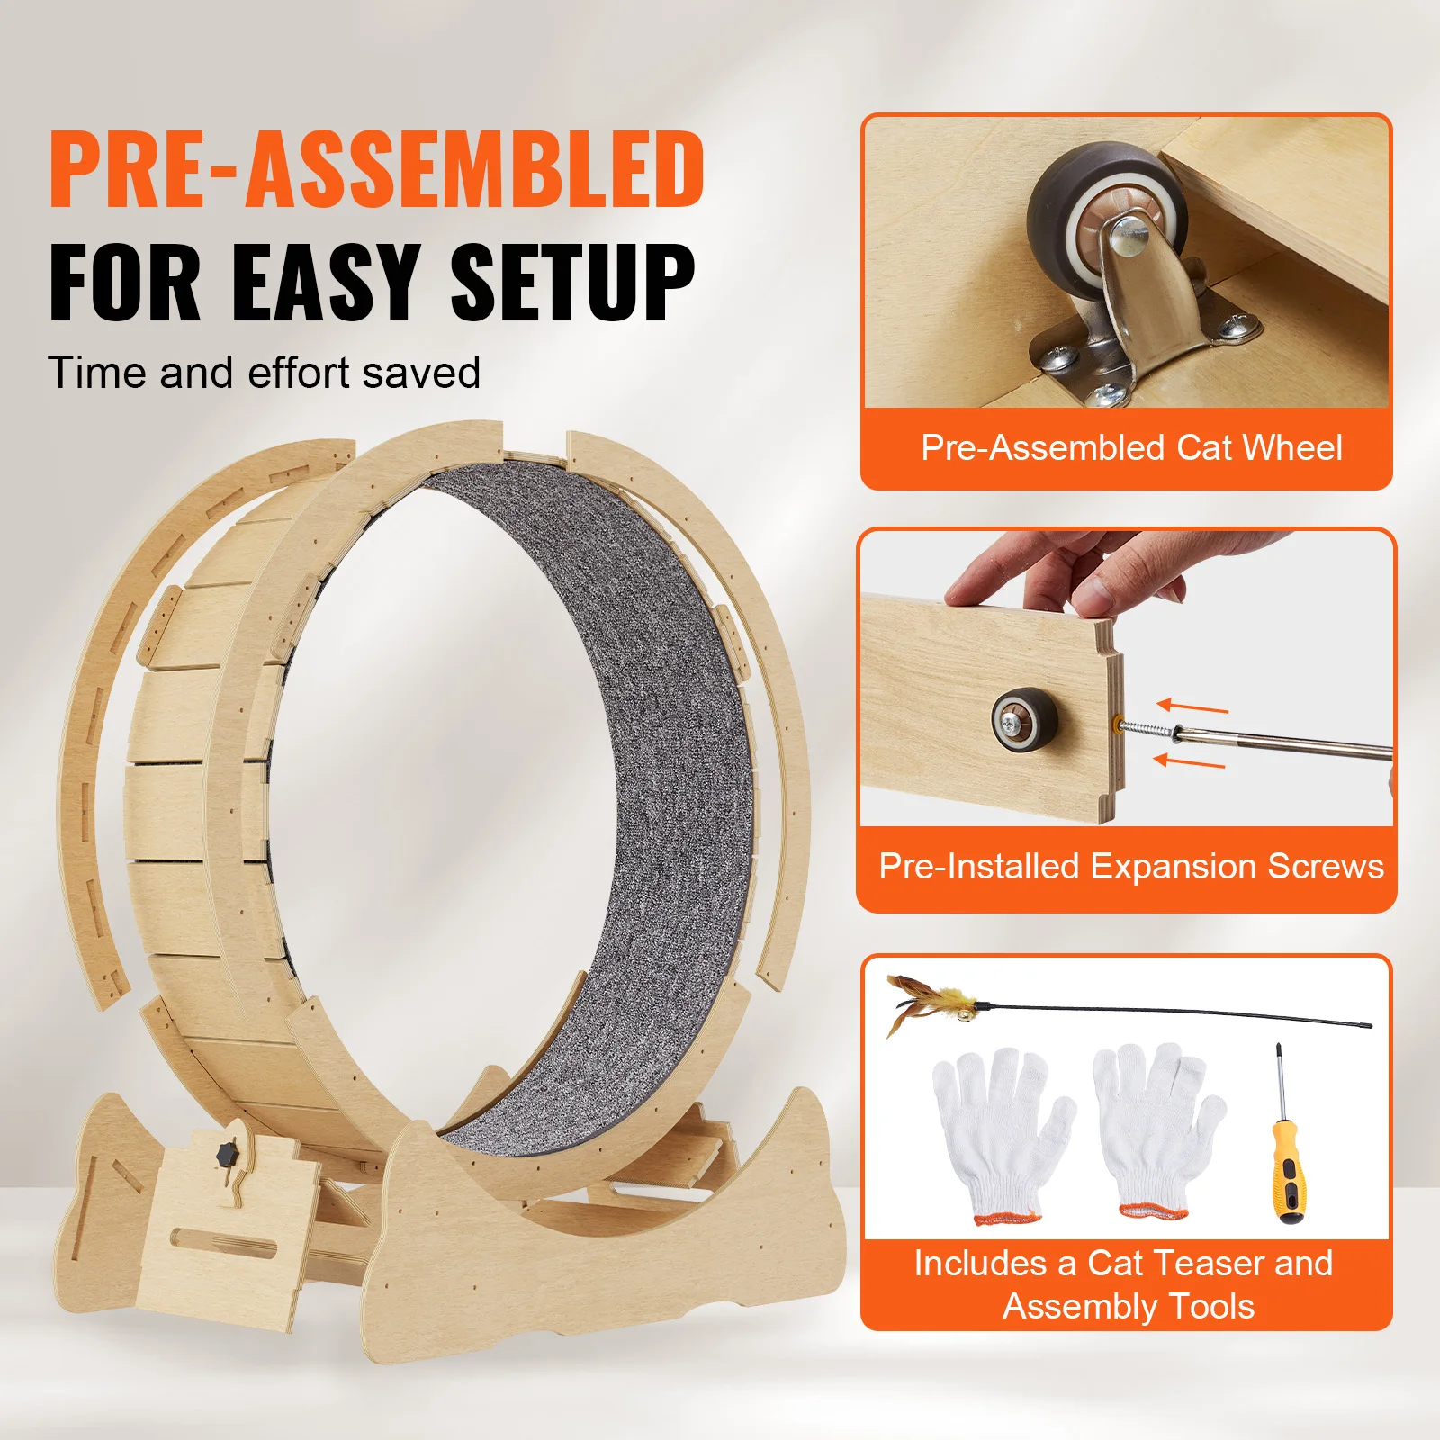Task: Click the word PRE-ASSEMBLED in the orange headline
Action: point(376,169)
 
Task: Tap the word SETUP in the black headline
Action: point(572,283)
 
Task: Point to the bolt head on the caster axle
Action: point(1129,238)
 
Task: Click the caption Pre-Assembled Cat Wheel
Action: point(1130,448)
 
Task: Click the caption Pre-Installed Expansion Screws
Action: point(1130,867)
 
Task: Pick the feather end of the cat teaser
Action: point(927,1003)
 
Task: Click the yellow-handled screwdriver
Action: point(1286,1161)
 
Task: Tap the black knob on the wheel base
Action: point(225,1153)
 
